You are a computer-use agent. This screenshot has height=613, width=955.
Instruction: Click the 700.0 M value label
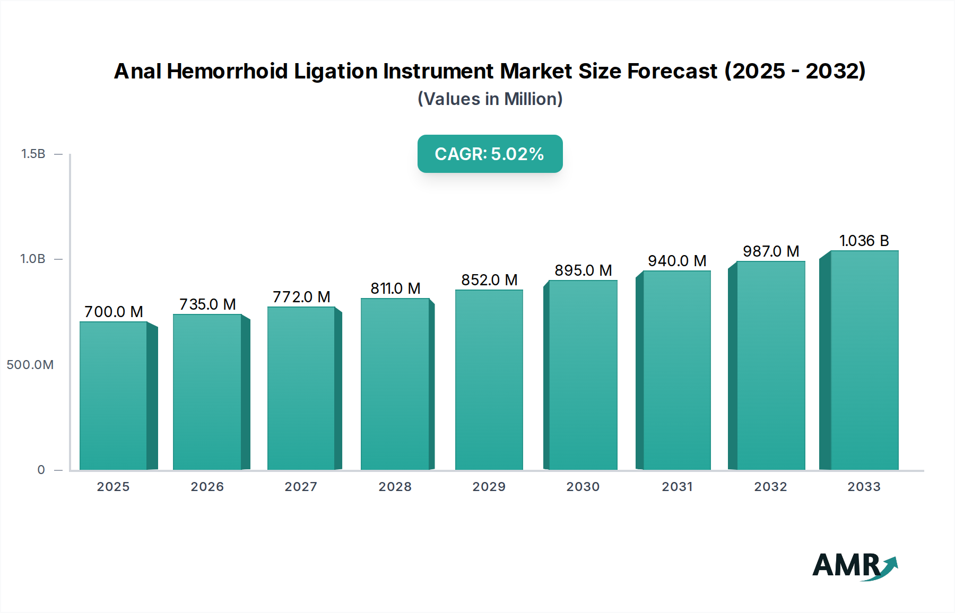point(114,312)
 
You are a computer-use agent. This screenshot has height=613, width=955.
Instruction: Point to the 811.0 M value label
point(395,288)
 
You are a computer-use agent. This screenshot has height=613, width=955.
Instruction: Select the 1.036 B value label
point(864,241)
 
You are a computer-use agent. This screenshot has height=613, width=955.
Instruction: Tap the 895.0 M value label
point(583,270)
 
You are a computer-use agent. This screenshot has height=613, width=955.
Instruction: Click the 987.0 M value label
point(771,251)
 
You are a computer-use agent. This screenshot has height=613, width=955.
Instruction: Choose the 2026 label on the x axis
point(207,487)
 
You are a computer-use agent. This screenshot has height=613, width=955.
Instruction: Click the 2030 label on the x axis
point(583,487)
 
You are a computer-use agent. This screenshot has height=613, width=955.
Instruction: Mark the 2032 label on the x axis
point(771,487)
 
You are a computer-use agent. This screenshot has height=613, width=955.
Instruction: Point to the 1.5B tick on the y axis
point(33,154)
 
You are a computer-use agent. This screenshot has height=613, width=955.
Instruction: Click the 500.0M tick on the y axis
point(30,365)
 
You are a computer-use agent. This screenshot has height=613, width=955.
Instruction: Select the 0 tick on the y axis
point(41,470)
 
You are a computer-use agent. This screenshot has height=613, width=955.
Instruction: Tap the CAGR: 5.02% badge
point(490,154)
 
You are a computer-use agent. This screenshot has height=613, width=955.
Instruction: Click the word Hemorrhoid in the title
point(227,71)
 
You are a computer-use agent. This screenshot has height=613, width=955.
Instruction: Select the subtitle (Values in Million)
point(490,99)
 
